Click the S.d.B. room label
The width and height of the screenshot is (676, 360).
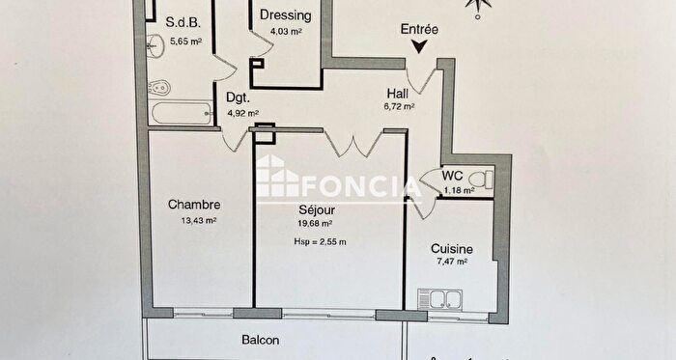coord(183,23)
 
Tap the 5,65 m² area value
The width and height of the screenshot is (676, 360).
coord(183,42)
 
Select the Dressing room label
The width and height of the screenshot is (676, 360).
coord(285,15)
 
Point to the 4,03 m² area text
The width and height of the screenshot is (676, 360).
coord(286,32)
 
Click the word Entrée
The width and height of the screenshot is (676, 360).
coord(419,30)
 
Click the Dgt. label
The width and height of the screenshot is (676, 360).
coord(239,97)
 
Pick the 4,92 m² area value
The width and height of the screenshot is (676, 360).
coord(242,113)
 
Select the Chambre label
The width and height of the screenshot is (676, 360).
coord(194,205)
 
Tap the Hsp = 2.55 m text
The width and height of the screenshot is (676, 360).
coord(319,241)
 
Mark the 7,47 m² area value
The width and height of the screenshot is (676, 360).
coord(450,261)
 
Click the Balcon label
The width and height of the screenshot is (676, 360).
coord(260,341)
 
